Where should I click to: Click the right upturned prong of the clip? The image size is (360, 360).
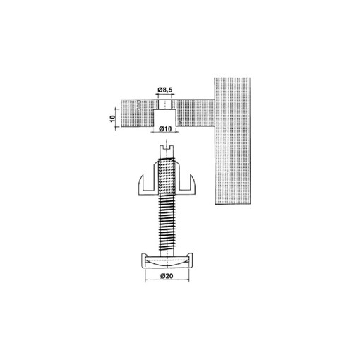(x=193, y=185)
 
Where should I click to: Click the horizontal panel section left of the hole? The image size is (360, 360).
(x=138, y=111)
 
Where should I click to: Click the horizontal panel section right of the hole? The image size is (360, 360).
(x=194, y=111)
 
